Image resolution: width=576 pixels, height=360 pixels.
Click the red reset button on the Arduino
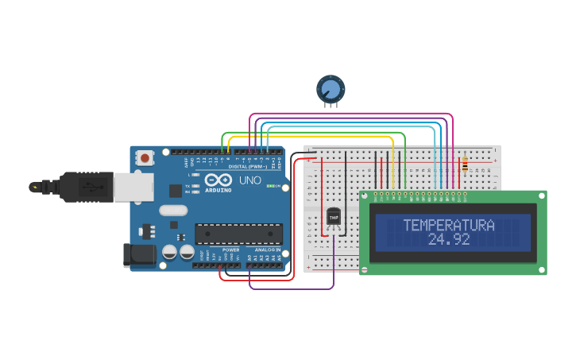(145, 158)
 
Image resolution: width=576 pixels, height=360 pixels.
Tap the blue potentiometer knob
(331, 88)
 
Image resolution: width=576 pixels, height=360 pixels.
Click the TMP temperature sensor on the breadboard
(334, 216)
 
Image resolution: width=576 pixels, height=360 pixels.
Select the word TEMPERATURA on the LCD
(449, 225)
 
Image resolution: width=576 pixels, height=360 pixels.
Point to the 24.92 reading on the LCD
(449, 239)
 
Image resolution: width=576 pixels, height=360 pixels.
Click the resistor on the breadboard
(465, 164)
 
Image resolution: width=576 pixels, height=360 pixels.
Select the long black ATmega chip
(238, 234)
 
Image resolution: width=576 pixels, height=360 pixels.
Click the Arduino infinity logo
(218, 180)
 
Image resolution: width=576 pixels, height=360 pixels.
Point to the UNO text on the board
(250, 180)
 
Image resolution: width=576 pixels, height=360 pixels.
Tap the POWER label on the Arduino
(230, 250)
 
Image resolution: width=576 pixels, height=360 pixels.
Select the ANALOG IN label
(267, 250)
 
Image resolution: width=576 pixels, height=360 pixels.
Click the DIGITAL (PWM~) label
(247, 166)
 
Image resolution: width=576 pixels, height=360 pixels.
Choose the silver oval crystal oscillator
(172, 211)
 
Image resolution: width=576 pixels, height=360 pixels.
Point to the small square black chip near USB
(176, 191)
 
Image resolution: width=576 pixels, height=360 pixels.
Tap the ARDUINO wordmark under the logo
(218, 190)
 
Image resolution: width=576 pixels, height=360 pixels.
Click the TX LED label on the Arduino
(187, 186)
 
